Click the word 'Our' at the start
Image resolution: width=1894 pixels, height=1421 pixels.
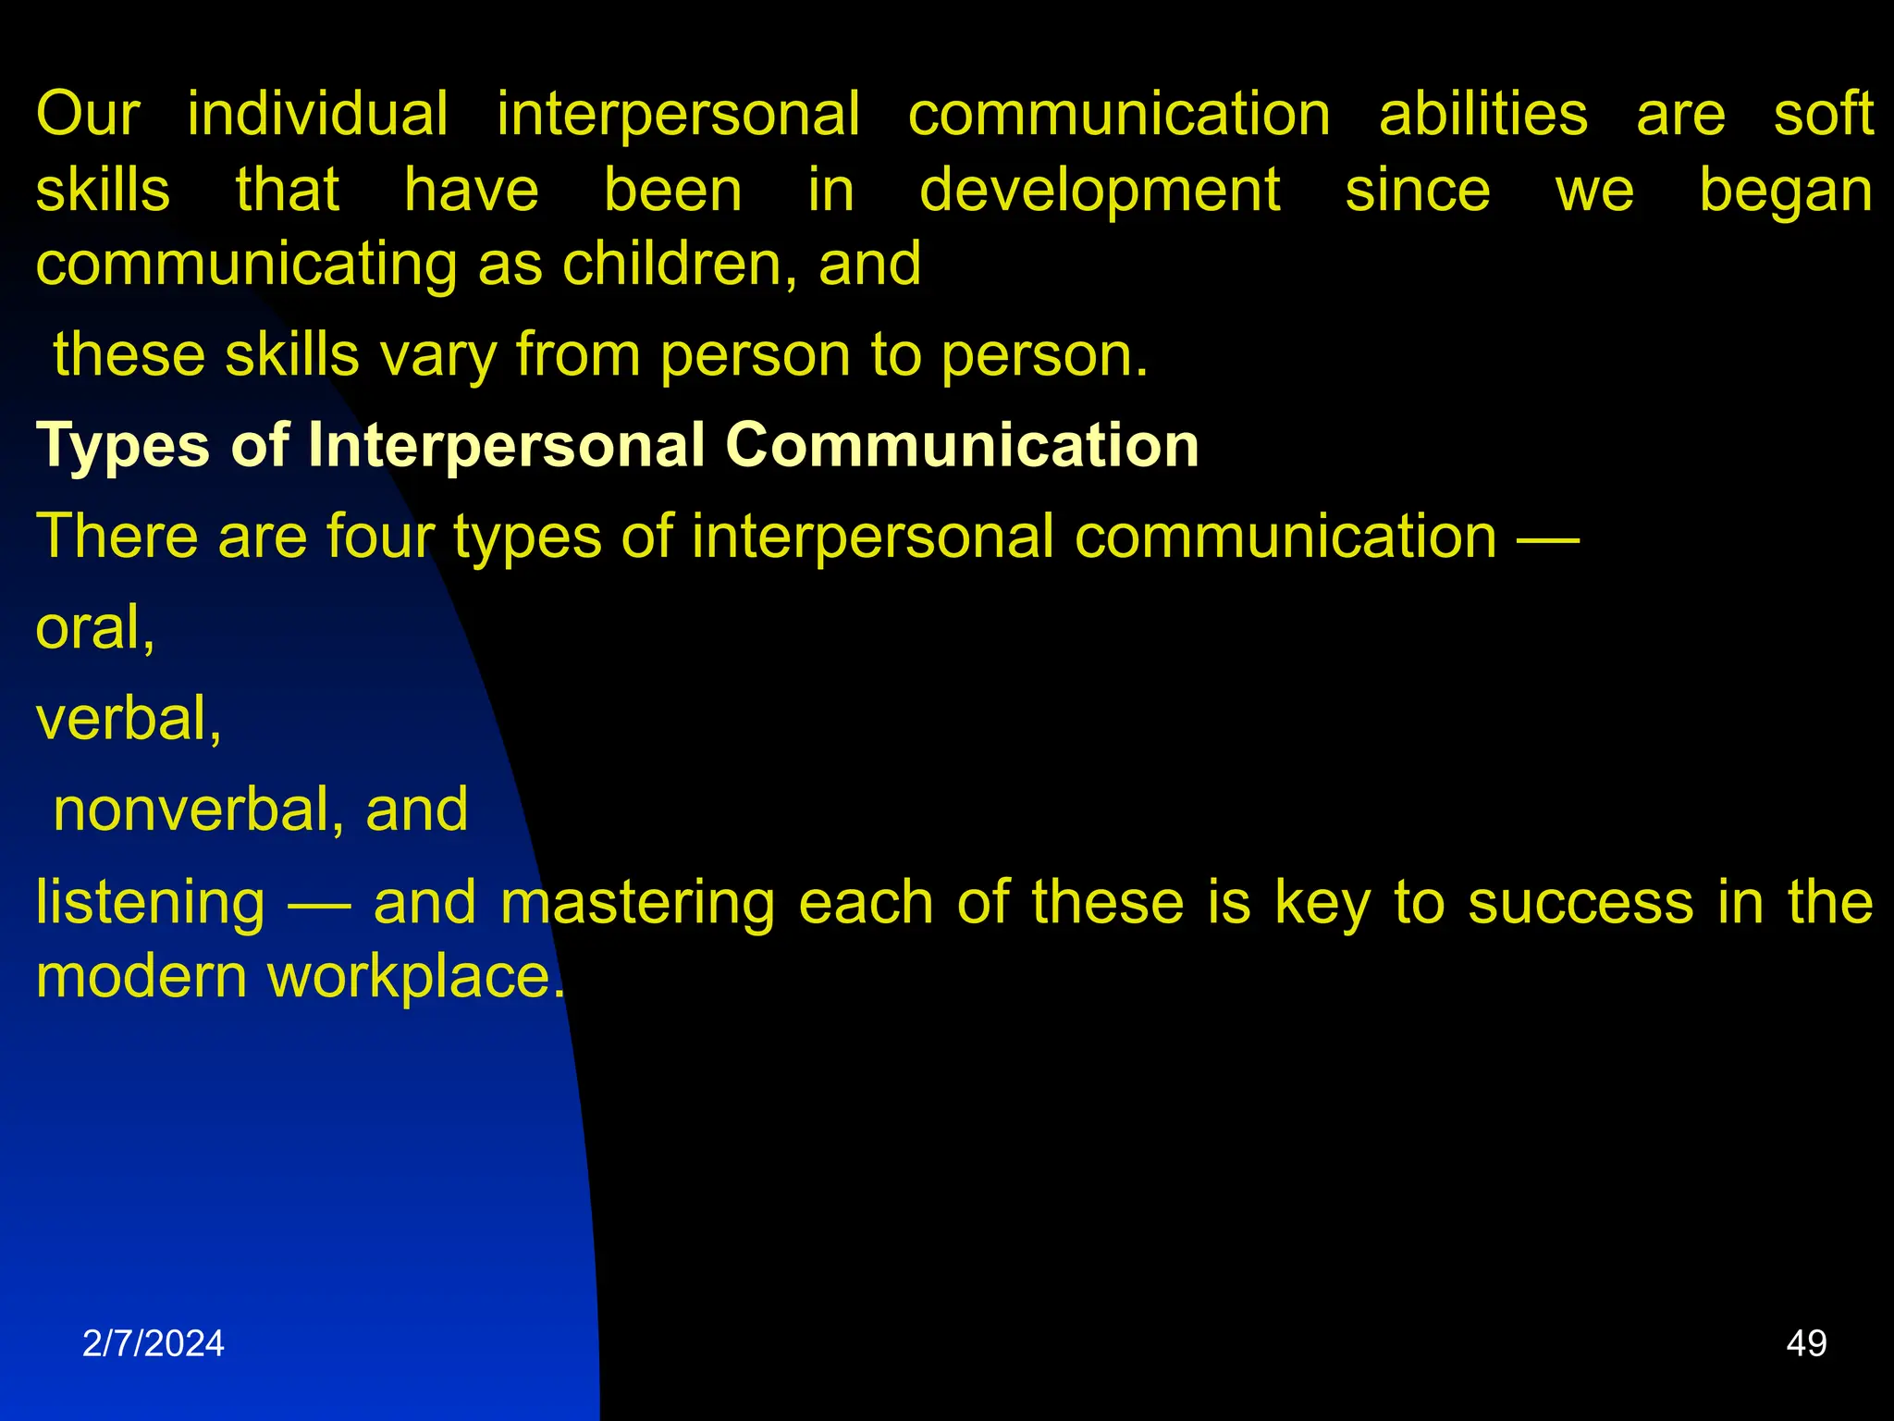(x=88, y=115)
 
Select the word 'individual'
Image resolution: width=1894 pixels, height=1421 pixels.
(x=318, y=115)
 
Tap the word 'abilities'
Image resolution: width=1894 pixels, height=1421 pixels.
(x=1482, y=115)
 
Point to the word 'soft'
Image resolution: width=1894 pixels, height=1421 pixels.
(x=1823, y=115)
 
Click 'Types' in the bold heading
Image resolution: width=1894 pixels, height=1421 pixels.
(x=123, y=447)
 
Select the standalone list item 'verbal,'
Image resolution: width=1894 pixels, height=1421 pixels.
(x=129, y=719)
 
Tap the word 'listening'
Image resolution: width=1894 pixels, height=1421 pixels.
(x=151, y=902)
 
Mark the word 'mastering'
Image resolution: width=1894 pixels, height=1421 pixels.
(x=637, y=902)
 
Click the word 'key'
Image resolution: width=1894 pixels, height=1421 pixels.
(x=1322, y=902)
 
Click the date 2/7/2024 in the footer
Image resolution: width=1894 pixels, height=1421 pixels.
(x=154, y=1343)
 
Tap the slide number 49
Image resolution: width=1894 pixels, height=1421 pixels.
(x=1806, y=1343)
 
